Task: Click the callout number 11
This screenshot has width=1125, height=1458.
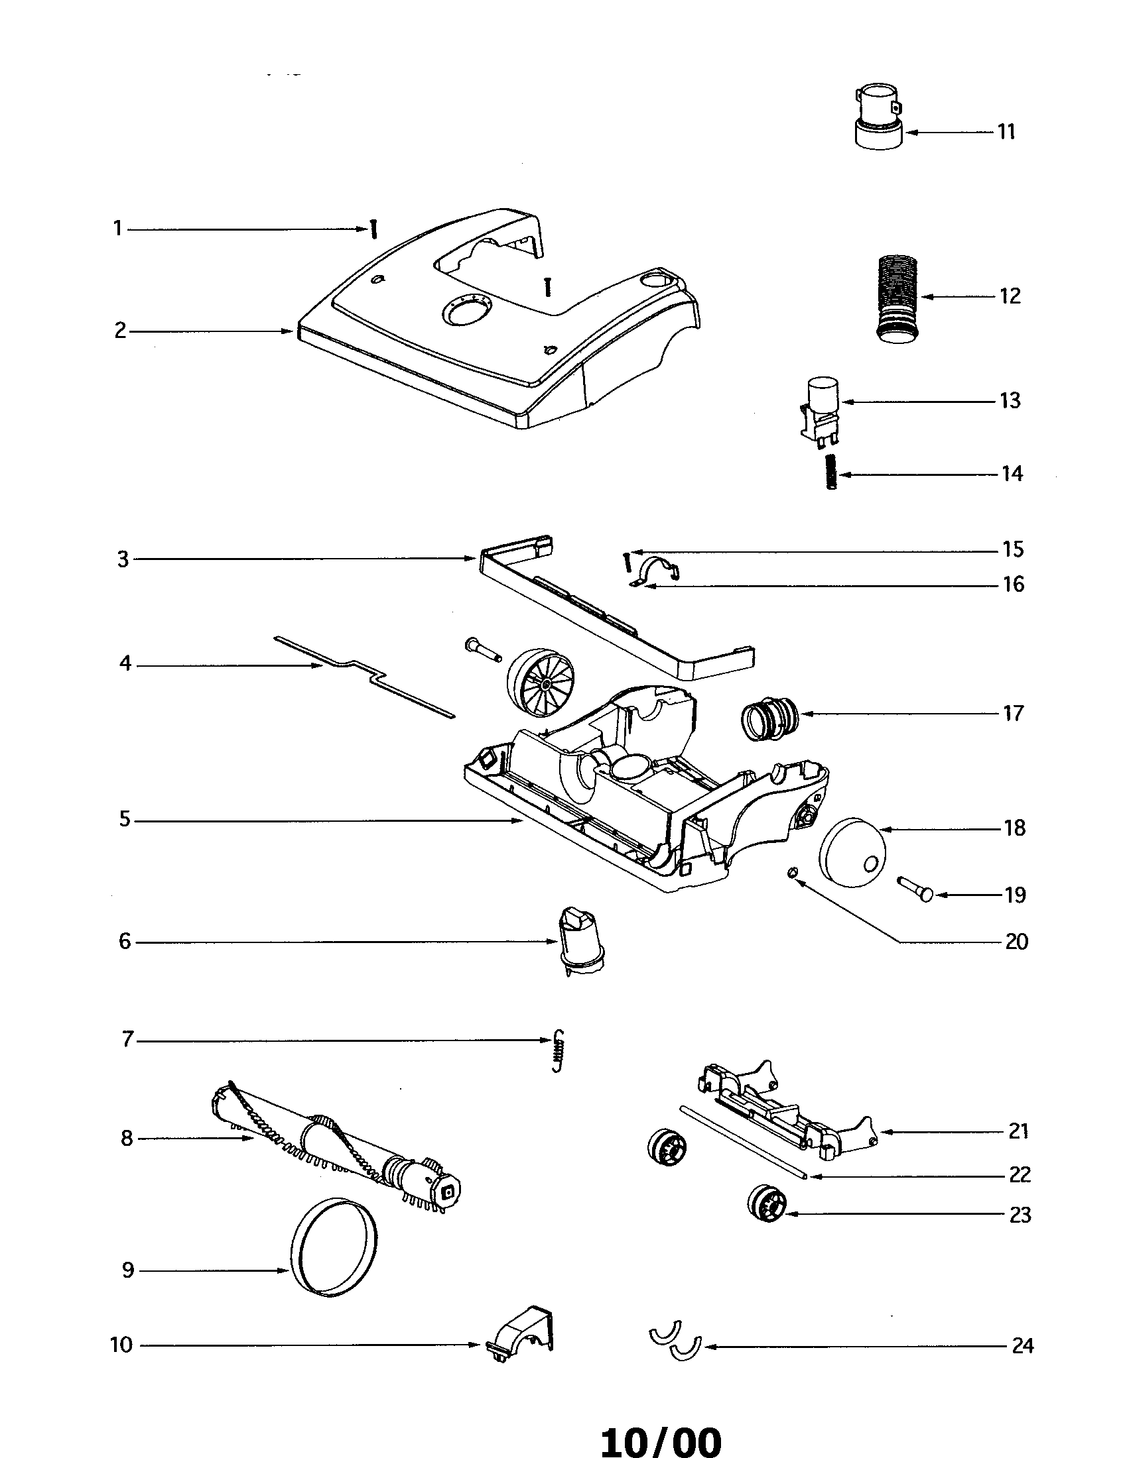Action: (1006, 131)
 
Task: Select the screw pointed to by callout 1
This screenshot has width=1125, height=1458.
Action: (374, 230)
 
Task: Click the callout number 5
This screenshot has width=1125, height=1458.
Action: (125, 819)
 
